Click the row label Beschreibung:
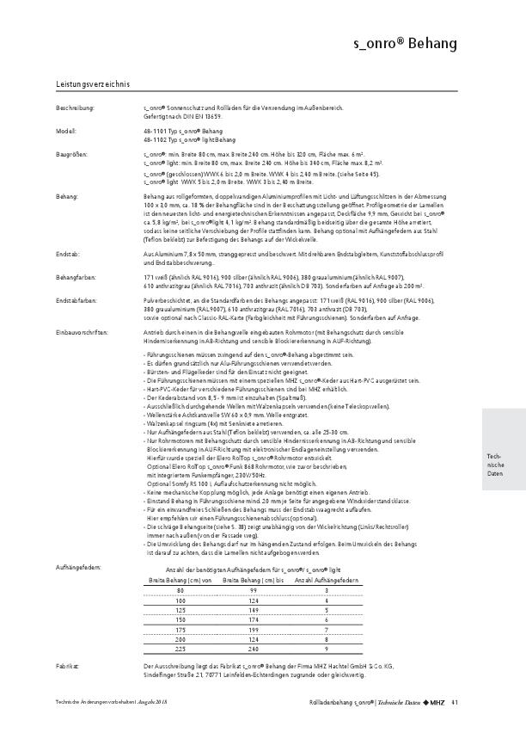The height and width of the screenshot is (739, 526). click(x=75, y=108)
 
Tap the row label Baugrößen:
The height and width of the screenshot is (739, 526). click(x=72, y=154)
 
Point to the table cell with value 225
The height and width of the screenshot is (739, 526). click(x=180, y=650)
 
